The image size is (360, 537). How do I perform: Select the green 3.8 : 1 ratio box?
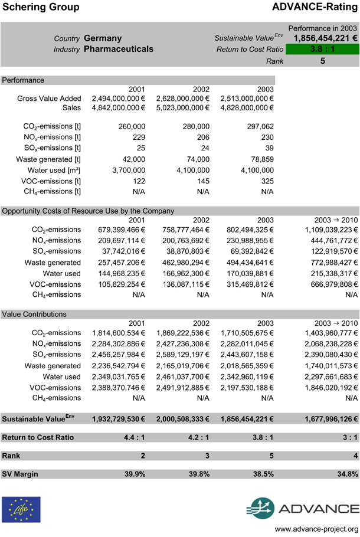pos(322,49)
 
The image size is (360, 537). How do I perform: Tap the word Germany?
pos(103,38)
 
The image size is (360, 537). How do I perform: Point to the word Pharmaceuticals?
pos(119,50)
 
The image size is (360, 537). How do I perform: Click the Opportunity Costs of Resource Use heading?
pos(88,211)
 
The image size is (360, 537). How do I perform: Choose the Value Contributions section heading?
pos(34,315)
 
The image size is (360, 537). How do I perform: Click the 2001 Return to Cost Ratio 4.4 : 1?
pos(132,437)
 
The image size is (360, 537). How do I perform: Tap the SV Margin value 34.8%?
pos(346,474)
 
